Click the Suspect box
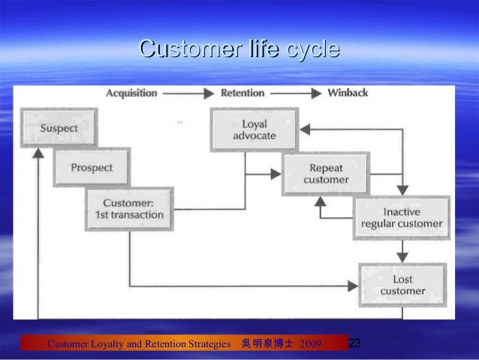click(59, 129)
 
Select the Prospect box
click(92, 168)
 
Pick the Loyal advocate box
click(255, 130)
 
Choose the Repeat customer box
click(326, 174)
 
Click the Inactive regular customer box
click(402, 218)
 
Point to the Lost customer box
click(402, 285)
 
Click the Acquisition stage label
click(131, 93)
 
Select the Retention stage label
click(243, 93)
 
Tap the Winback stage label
click(348, 93)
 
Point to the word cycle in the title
click(312, 50)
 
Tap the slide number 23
click(356, 343)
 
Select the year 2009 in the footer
click(310, 344)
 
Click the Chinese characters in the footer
click(267, 344)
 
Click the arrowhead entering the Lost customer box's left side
click(352, 286)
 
